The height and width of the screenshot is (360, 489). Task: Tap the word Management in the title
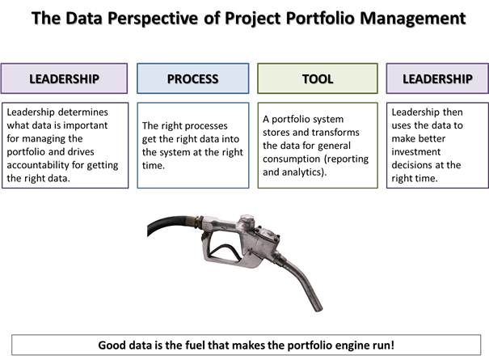(413, 19)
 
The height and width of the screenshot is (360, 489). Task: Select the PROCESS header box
(192, 78)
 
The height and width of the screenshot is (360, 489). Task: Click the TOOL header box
(318, 78)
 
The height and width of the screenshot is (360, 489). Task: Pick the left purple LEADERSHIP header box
(64, 78)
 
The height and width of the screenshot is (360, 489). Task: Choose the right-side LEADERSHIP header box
(437, 78)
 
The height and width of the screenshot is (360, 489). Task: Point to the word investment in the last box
(416, 152)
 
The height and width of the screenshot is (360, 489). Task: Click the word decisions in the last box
(411, 165)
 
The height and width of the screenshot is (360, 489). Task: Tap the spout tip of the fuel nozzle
(318, 308)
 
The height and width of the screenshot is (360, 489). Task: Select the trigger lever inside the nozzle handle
(226, 250)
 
